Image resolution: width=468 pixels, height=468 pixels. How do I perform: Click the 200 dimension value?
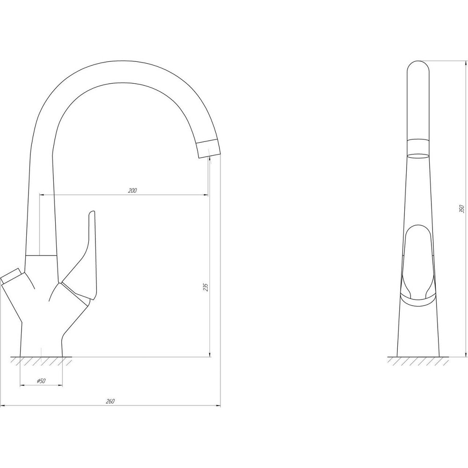tap(132, 190)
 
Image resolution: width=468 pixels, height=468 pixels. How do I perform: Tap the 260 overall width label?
tap(110, 402)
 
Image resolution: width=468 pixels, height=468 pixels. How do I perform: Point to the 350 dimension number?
tap(462, 209)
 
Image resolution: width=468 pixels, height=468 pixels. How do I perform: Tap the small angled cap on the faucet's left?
tap(11, 275)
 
